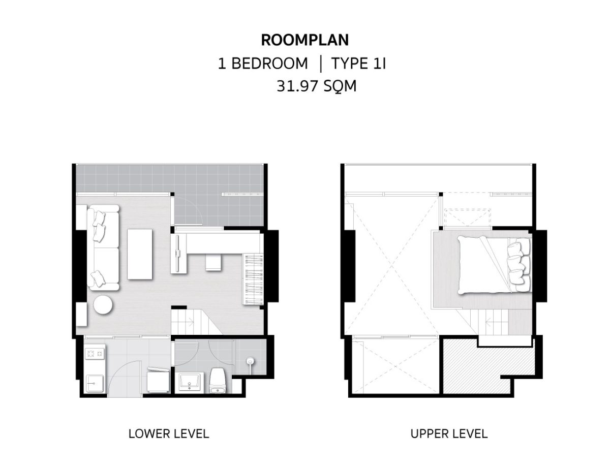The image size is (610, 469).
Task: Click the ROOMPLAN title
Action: [304, 40]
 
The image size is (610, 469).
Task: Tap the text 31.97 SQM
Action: [316, 86]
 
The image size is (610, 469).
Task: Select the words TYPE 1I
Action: [358, 64]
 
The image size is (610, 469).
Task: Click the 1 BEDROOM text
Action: [263, 64]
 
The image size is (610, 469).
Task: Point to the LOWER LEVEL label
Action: [169, 433]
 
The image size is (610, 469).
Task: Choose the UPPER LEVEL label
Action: [449, 433]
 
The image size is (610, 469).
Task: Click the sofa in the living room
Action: [103, 247]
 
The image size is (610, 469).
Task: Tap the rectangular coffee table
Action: [140, 254]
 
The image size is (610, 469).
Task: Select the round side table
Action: [103, 305]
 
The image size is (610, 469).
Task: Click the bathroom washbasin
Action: [190, 382]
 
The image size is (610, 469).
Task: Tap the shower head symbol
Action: [250, 362]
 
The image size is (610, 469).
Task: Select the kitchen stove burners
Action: [95, 354]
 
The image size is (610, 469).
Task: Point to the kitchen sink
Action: [95, 384]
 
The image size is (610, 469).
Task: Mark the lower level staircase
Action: [197, 322]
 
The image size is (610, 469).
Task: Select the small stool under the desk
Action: [213, 262]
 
